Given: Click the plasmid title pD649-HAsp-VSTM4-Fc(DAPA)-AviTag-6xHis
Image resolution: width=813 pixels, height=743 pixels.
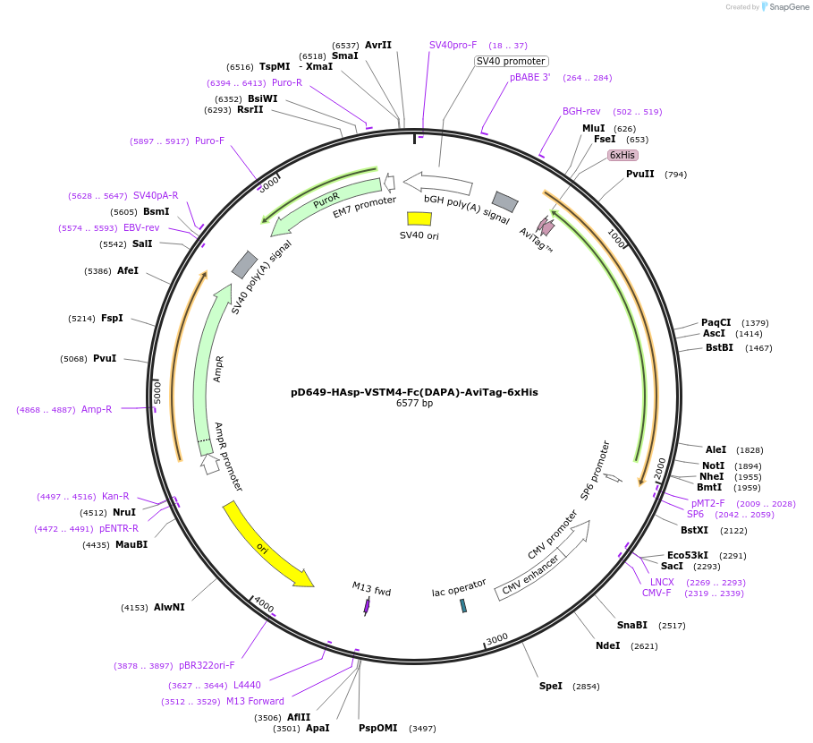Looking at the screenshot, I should tap(414, 392).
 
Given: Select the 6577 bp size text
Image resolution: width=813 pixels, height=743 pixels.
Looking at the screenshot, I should tap(414, 404).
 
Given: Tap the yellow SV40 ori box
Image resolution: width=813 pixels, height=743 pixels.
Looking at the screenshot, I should tap(419, 218).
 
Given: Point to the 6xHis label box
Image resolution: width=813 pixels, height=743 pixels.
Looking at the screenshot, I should tap(622, 155).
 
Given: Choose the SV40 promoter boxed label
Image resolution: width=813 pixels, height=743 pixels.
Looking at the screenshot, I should tap(511, 61).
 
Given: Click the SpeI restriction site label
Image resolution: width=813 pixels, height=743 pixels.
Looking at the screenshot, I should tap(551, 686).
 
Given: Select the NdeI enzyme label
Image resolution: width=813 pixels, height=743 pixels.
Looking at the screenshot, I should tap(607, 645).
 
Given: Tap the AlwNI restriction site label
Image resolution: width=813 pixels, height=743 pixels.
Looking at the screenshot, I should tap(169, 607).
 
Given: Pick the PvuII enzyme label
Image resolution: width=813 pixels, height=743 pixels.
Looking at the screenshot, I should tap(639, 174).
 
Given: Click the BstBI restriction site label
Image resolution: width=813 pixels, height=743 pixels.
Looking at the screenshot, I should tap(719, 347).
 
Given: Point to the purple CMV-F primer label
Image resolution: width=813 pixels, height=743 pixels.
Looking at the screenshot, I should tap(656, 593).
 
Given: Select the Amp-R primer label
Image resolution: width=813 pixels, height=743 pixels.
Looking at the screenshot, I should tap(97, 409).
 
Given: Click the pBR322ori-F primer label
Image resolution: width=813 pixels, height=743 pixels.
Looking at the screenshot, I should tap(207, 665).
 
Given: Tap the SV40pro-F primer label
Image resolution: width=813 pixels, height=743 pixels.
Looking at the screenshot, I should tap(453, 45).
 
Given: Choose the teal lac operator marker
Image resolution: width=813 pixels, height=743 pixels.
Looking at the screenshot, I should tap(463, 606).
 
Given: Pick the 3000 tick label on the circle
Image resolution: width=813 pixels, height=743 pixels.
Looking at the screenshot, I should tap(496, 637).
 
